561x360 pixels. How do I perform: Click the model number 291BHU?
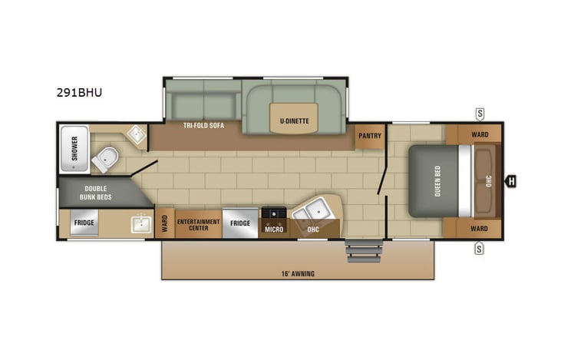pos(79,93)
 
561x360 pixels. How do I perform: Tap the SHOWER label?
pos(74,146)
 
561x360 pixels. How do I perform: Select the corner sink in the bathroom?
pos(136,135)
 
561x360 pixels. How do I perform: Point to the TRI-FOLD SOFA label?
pos(203,125)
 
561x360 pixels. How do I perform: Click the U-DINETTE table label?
pos(294,121)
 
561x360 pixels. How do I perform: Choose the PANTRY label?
pos(369,136)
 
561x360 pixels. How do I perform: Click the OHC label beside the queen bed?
pos(487,182)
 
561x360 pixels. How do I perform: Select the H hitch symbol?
pos(510,182)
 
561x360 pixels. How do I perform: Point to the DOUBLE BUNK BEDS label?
pos(96,192)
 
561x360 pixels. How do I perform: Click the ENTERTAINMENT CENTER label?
pos(198,224)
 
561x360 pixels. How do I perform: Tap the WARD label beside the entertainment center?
pos(164,224)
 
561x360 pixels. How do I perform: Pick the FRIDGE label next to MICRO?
pos(240,223)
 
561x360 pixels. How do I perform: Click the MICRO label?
pos(274,229)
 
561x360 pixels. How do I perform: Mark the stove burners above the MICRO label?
pos(274,213)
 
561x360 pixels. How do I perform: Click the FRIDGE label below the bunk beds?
pos(84,223)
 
